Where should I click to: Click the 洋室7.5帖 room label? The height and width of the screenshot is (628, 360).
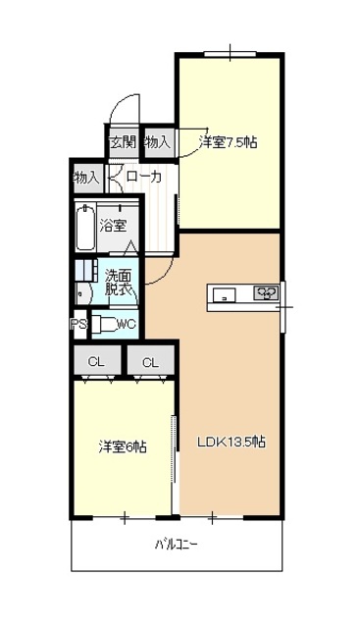pyautogui.click(x=229, y=142)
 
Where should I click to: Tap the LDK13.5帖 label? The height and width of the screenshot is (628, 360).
pyautogui.click(x=231, y=442)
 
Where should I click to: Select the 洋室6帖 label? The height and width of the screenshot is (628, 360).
pyautogui.click(x=123, y=446)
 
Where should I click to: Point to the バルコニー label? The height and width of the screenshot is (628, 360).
pyautogui.click(x=177, y=545)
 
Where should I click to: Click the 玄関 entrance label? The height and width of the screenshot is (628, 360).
pyautogui.click(x=123, y=141)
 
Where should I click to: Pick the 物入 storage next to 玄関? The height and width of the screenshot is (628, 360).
pyautogui.click(x=159, y=141)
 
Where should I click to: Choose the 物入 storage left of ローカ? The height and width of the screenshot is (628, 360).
pyautogui.click(x=87, y=178)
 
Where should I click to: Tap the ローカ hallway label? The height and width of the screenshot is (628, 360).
pyautogui.click(x=144, y=177)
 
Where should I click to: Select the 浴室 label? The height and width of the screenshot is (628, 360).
pyautogui.click(x=114, y=227)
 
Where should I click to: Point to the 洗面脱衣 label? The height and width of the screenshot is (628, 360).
pyautogui.click(x=118, y=283)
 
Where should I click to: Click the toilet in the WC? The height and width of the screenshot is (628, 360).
pyautogui.click(x=104, y=324)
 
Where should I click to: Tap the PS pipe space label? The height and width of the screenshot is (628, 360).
pyautogui.click(x=78, y=324)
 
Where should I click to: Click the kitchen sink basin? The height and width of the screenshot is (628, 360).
pyautogui.click(x=224, y=295)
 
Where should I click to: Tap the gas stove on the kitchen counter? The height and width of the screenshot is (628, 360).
pyautogui.click(x=266, y=292)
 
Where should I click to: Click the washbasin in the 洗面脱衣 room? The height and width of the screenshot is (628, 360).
pyautogui.click(x=84, y=294)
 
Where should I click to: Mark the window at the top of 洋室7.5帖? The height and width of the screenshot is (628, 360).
pyautogui.click(x=230, y=54)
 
